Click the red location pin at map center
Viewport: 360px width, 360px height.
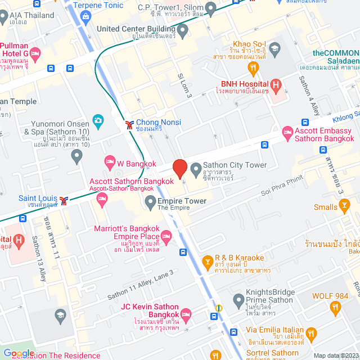coord(179,169)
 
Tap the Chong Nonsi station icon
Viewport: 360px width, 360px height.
coord(129,123)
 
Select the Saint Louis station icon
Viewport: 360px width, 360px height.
coord(64,200)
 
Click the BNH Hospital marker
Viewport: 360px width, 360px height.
coord(276,85)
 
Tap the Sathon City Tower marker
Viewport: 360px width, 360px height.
coord(196,168)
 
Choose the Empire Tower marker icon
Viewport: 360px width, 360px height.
coord(150,201)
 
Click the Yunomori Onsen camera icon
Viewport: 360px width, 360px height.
coord(98,120)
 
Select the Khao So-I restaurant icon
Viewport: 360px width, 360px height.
coord(254,69)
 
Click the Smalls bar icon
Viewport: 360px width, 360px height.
coord(345,207)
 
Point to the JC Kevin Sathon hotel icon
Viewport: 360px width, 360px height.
coord(186,313)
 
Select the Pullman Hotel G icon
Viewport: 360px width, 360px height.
coord(35,54)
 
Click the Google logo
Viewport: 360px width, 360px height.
coord(18,353)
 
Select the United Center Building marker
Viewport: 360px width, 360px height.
coord(183,28)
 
